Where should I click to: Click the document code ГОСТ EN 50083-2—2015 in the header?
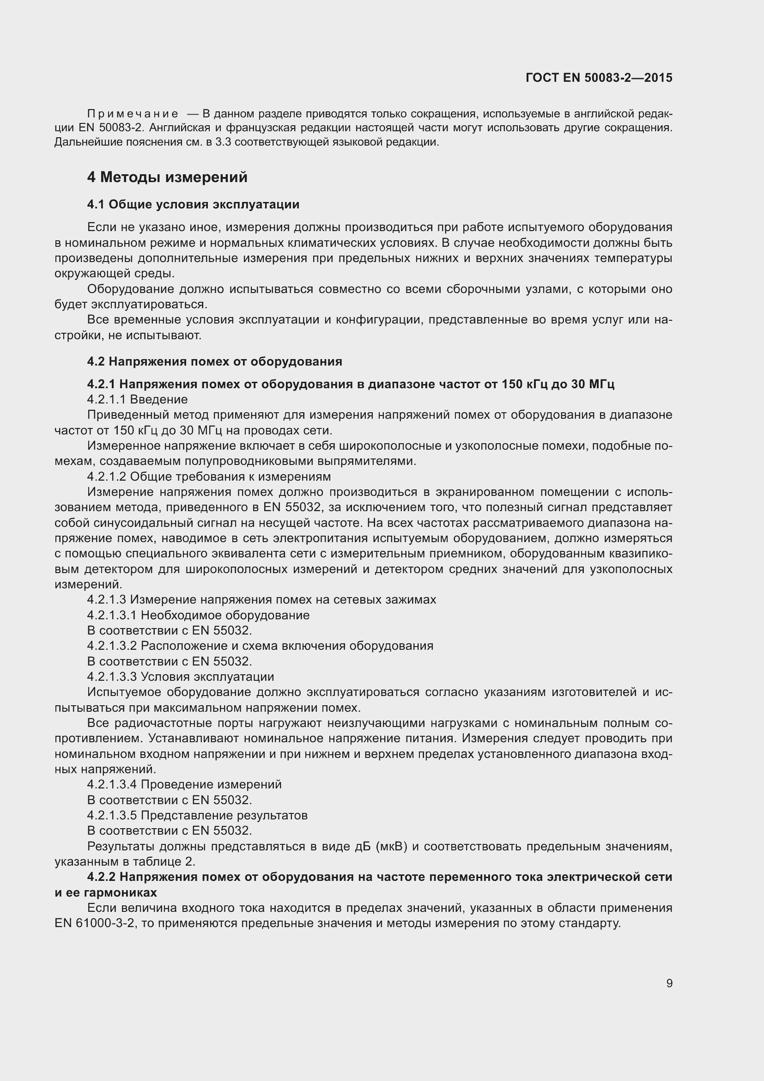599,78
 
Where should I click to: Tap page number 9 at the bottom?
669,983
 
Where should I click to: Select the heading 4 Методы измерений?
167,177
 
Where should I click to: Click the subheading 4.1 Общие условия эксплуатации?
193,204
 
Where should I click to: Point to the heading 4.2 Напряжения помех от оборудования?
214,361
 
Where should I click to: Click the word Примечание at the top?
133,114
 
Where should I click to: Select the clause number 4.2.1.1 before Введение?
107,400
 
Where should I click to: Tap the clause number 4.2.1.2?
107,477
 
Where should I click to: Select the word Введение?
158,400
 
